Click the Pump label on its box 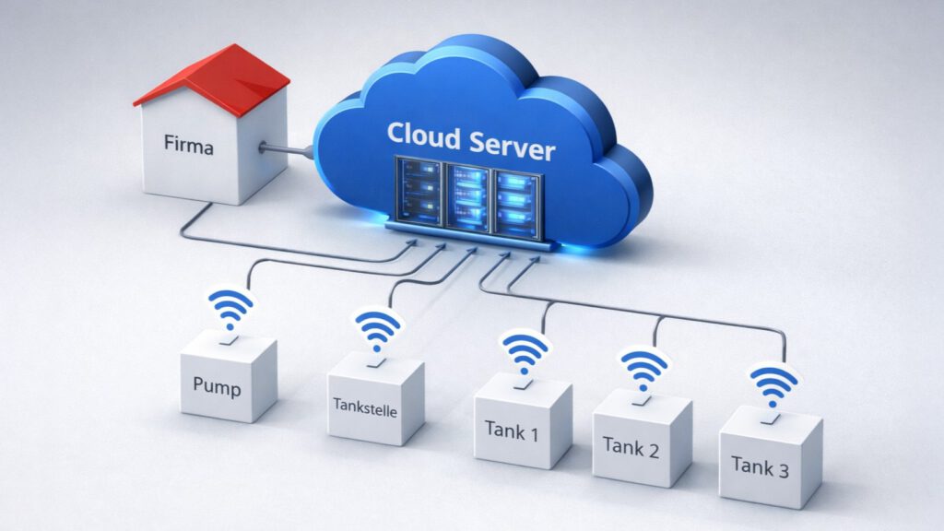[x=218, y=386]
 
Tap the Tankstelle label [x=366, y=410]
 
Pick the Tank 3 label [x=761, y=466]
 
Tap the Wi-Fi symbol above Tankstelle [x=378, y=330]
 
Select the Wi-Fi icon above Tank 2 [x=644, y=368]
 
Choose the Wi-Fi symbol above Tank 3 [x=773, y=385]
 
